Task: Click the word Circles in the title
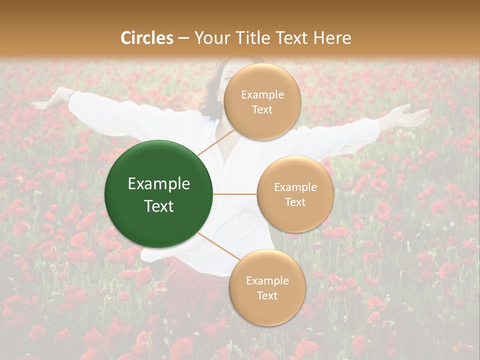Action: click(x=147, y=38)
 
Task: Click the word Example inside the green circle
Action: click(x=159, y=184)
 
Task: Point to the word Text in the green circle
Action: click(x=159, y=206)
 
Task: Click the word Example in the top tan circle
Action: click(x=262, y=95)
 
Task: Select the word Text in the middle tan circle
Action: click(x=295, y=202)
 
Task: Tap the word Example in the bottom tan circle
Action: click(x=267, y=281)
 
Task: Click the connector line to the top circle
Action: click(x=215, y=142)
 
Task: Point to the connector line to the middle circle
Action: click(x=235, y=194)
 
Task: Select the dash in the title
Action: click(x=183, y=38)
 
